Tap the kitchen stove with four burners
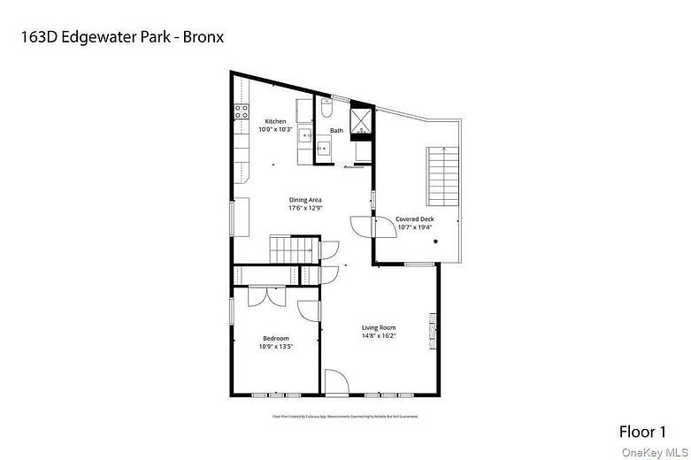241,112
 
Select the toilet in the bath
326,110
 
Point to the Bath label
336,131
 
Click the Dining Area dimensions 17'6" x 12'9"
305,209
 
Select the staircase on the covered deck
441,176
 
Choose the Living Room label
378,328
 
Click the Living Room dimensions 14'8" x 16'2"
378,336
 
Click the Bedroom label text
275,339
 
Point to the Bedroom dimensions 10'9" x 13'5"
275,347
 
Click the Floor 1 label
641,432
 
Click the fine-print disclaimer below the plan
345,415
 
